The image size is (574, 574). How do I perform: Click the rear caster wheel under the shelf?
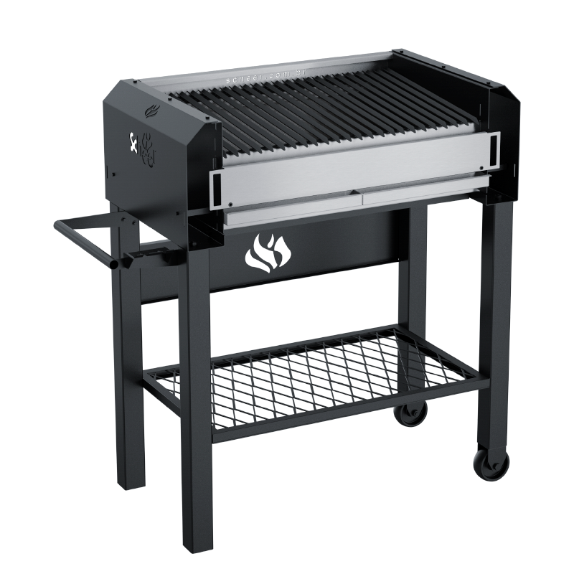[413, 415]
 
